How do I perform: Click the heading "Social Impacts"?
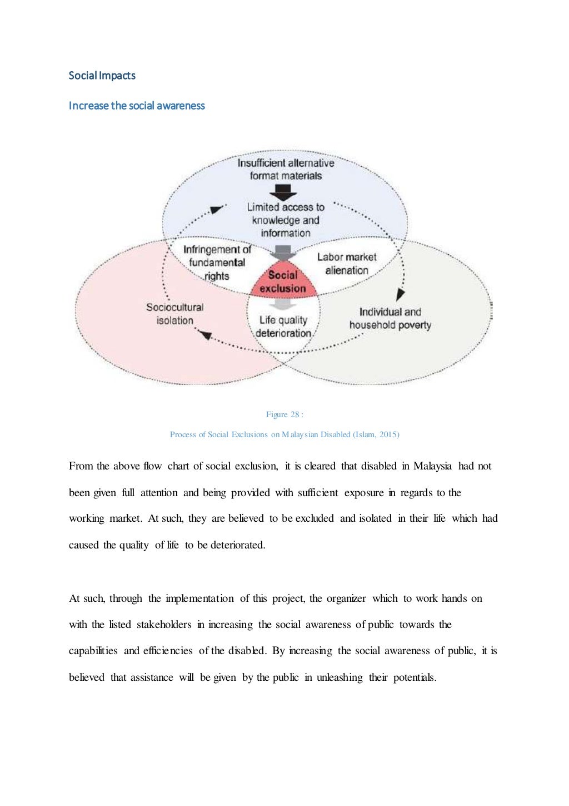point(102,76)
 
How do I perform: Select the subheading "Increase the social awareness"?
point(137,106)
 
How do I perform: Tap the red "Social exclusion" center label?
point(283,281)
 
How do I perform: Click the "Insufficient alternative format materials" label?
point(286,169)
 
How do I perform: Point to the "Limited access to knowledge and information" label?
point(286,220)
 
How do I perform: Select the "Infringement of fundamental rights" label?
point(217,263)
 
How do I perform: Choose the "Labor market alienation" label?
point(347,264)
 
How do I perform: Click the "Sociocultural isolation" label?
point(174,314)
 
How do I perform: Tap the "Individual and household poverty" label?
point(390,318)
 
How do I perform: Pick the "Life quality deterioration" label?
point(283,327)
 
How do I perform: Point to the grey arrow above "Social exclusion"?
point(283,253)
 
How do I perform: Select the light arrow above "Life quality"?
point(283,304)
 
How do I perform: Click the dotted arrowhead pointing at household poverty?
point(400,294)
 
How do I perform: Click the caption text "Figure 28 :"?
point(284,414)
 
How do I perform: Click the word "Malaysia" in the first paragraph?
point(432,466)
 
